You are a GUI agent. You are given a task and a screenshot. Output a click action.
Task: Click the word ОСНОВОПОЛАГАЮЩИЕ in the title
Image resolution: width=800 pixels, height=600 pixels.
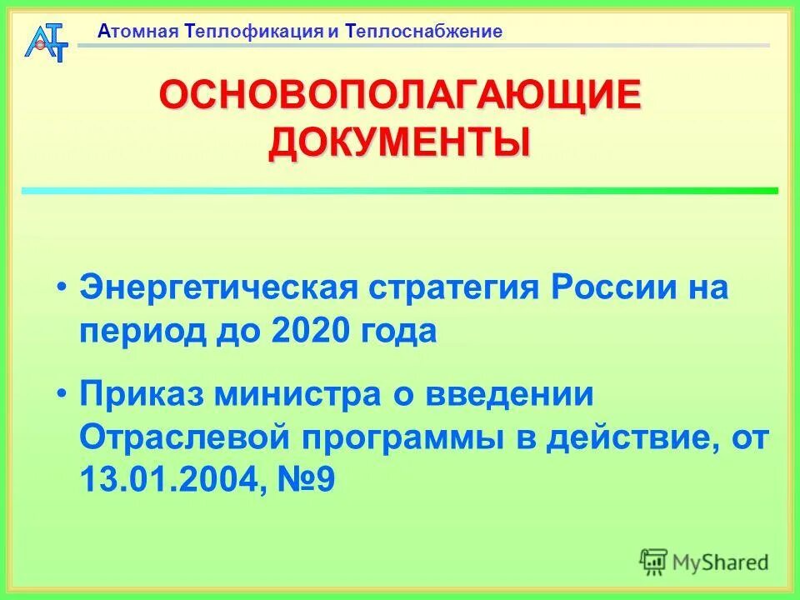(x=400, y=97)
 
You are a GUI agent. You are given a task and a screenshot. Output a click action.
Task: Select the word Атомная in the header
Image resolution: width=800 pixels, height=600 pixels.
(x=139, y=32)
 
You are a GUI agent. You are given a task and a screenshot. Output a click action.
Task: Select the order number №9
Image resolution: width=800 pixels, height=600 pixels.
(x=307, y=480)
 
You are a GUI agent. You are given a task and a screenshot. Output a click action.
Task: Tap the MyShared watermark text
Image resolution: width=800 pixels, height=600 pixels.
(x=720, y=562)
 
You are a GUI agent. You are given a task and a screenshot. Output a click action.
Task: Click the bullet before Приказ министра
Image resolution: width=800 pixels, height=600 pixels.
(x=62, y=392)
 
